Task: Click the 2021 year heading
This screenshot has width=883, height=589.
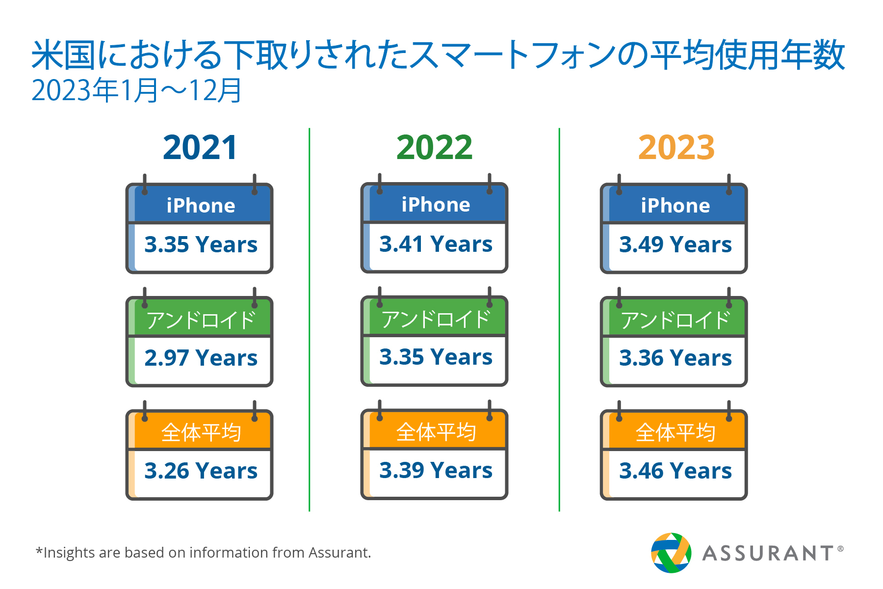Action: coord(200,148)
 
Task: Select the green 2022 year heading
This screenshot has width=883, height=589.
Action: coord(435,148)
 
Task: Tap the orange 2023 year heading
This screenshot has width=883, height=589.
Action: coord(676,148)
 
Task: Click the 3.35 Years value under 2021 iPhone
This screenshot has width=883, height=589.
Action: coord(201,244)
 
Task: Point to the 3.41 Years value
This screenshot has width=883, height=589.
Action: coord(436,244)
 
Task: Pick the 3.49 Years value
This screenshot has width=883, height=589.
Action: coord(675,244)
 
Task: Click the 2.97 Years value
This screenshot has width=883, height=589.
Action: coord(201,358)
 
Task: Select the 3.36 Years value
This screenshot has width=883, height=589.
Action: coord(675,358)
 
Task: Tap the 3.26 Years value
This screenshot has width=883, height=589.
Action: coord(201,471)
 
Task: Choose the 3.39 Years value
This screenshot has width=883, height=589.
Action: coord(436,470)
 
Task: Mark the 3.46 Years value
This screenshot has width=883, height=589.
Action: coord(675,471)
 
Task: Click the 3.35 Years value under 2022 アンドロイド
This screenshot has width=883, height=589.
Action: coord(436,357)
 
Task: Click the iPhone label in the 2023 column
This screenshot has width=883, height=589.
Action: coord(675,206)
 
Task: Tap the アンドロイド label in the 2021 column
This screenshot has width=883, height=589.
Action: coord(201,320)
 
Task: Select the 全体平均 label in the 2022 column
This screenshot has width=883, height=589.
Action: coord(436,432)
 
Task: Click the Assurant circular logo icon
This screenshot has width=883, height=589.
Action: coord(671,553)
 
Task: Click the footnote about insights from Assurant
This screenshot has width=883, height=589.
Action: coord(203,553)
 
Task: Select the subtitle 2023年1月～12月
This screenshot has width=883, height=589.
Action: coord(136,91)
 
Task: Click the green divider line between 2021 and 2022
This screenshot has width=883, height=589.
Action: coord(310,320)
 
